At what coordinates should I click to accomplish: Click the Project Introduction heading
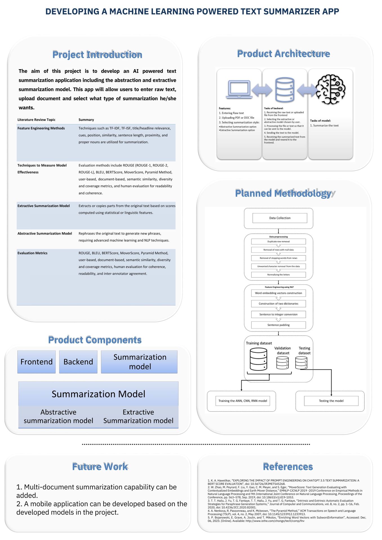coord(97,55)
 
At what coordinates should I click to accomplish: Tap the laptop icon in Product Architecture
coord(239,89)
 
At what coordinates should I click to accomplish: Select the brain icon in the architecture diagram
coord(331,89)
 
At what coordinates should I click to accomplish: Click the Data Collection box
coord(280,218)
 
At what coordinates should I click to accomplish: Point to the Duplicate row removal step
coord(278,242)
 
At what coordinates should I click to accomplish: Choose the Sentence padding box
coord(278,325)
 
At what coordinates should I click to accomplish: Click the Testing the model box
coord(331,401)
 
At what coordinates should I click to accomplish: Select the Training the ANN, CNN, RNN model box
coord(243,401)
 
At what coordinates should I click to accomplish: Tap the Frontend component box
coord(37,362)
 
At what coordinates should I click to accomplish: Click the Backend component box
coord(78,362)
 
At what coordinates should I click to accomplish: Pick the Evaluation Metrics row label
coord(32,253)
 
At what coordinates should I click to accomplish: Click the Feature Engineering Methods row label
coord(41,128)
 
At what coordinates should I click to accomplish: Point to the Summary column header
coord(86,120)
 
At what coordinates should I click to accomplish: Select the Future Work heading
coord(100,467)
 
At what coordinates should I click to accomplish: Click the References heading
coord(288,467)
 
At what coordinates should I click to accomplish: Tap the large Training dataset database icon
coord(258,359)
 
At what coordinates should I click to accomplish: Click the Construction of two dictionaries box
coord(278,304)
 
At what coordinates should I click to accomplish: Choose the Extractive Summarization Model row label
coord(44,206)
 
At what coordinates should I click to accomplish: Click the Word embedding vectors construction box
coord(278,293)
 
